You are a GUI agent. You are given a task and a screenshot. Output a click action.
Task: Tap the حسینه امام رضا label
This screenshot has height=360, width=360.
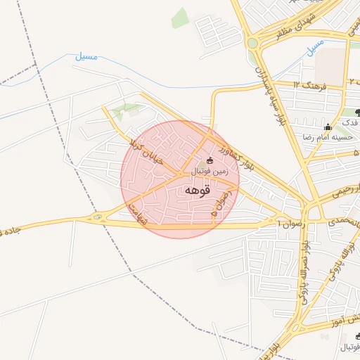coord(326,136)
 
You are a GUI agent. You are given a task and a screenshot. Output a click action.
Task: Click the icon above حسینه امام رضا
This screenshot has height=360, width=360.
coord(328,127)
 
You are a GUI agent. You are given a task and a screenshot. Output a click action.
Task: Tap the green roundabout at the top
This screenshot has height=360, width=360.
coord(252,44)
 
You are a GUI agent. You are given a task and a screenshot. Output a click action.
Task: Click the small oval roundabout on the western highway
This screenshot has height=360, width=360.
coord(98,218)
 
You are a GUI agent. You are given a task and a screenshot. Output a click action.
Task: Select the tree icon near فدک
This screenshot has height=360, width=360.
coord(357,112)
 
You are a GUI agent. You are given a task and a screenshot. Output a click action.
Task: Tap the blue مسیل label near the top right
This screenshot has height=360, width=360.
coord(315,46)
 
